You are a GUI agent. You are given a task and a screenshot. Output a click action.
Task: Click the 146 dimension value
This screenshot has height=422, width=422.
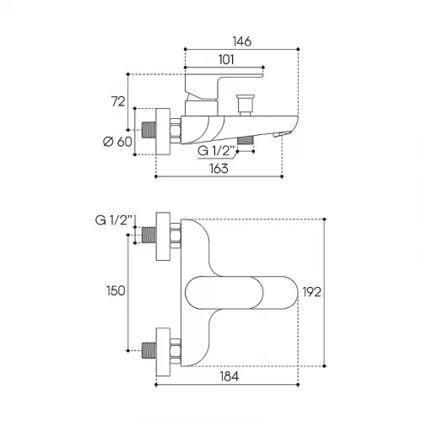(x=242, y=41)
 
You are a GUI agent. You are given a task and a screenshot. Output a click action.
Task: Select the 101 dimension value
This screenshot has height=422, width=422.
(x=226, y=60)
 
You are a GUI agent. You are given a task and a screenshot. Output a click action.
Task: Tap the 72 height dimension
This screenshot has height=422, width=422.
(x=118, y=101)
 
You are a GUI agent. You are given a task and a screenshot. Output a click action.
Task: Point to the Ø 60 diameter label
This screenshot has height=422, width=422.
(x=117, y=142)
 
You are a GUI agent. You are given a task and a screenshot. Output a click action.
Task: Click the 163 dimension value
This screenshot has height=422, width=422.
(x=219, y=168)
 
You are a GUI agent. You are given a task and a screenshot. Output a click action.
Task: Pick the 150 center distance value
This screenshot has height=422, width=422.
(x=116, y=290)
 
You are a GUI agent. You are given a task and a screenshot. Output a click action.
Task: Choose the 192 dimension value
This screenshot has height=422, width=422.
(x=311, y=292)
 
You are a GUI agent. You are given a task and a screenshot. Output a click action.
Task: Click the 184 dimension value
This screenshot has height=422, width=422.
(x=230, y=376)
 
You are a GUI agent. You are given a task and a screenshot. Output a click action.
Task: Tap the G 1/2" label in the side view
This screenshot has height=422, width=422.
(x=216, y=151)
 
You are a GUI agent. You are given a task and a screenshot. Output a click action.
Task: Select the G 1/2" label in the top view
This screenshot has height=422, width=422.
(x=114, y=220)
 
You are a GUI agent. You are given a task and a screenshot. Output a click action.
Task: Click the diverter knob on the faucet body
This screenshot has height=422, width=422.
(x=246, y=105)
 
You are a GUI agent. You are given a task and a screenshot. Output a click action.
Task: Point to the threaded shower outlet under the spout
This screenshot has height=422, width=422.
(x=246, y=140)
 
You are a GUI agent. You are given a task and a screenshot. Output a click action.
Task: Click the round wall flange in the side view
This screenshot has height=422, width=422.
(x=163, y=132)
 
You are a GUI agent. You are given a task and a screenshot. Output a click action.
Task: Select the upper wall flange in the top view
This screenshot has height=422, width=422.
(x=163, y=236)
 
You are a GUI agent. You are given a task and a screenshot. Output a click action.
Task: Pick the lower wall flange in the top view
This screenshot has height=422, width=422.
(x=163, y=352)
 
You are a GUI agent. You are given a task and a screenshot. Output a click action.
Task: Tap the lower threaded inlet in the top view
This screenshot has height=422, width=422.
(x=149, y=350)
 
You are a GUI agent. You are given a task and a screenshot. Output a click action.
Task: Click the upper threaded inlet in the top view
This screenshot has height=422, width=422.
(x=149, y=235)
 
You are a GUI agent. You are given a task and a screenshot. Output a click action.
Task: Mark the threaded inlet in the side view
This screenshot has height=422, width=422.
(x=149, y=130)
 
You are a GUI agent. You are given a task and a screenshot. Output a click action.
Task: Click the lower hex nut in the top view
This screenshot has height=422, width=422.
(x=176, y=351)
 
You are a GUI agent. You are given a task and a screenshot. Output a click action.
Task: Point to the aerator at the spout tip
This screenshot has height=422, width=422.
(x=281, y=134)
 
